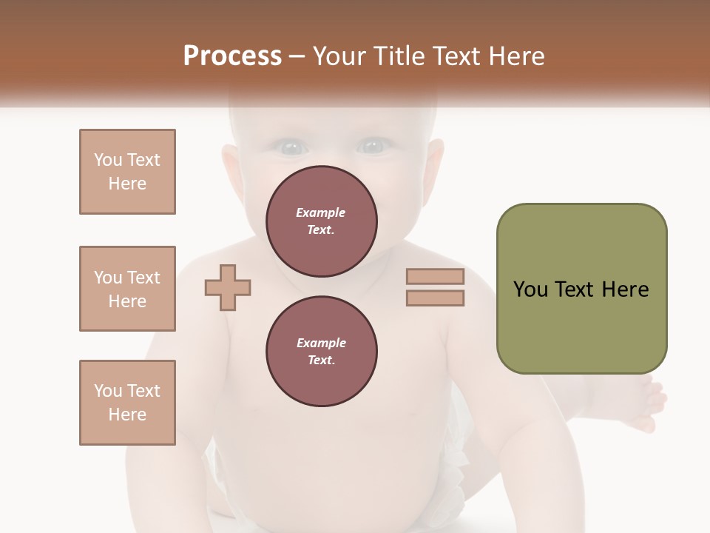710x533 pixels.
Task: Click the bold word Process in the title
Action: [x=232, y=56]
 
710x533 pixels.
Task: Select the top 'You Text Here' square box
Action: [x=127, y=172]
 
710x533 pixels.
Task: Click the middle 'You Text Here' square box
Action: [x=127, y=289]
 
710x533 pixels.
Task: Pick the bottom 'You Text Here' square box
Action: [x=127, y=403]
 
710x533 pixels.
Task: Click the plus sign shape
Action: [x=228, y=288]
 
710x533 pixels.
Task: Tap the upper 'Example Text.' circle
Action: [x=322, y=221]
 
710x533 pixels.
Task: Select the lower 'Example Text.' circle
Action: [x=322, y=352]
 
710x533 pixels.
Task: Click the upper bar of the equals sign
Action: [x=435, y=277]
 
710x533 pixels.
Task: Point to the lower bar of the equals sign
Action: [x=435, y=298]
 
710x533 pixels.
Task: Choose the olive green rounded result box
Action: [x=581, y=289]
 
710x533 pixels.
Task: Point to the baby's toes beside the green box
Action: [x=651, y=403]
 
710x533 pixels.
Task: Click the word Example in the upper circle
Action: [x=321, y=212]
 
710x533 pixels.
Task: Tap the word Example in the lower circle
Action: [x=321, y=343]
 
